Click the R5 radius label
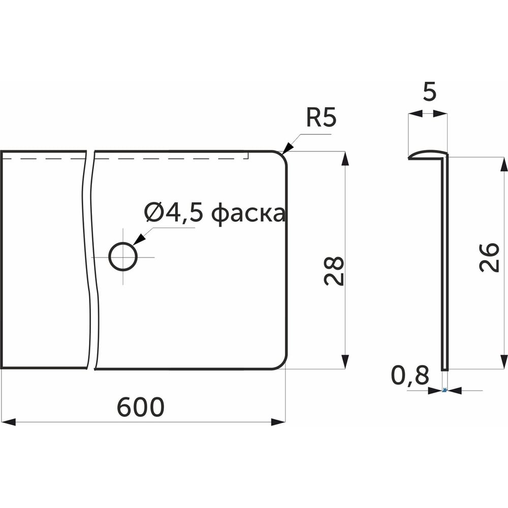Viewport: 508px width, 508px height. click(321, 118)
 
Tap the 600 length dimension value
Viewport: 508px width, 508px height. click(140, 407)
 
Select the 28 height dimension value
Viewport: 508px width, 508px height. click(334, 271)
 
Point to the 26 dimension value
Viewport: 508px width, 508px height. click(489, 257)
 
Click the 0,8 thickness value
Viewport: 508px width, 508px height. click(410, 375)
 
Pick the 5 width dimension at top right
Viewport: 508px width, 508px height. click(430, 91)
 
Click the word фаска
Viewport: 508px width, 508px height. click(248, 214)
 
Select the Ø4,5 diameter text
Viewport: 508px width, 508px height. click(174, 213)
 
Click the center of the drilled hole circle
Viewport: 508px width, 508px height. click(123, 257)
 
